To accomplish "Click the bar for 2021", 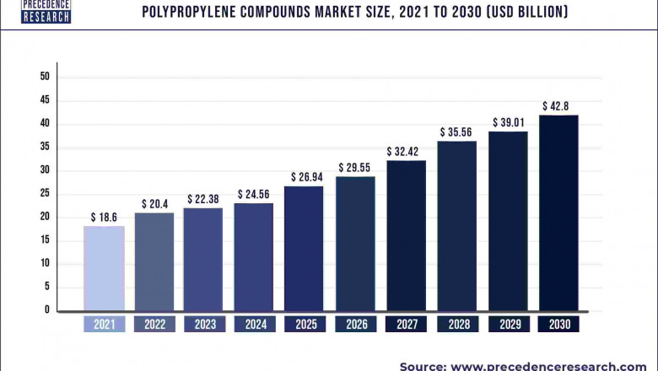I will click(x=104, y=268).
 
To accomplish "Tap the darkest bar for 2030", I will click(x=558, y=212).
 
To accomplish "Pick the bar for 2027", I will click(x=406, y=235).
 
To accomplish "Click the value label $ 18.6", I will click(x=104, y=218).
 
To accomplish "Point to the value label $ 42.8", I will click(x=558, y=106).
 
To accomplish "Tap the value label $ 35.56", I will click(x=456, y=132).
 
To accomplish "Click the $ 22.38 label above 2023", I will click(x=204, y=198).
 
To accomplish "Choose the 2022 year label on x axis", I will click(x=154, y=325).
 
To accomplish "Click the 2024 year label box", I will click(x=254, y=325).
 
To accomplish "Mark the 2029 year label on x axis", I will click(x=508, y=325).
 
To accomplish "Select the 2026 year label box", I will click(x=355, y=325).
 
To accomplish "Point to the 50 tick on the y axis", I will click(x=45, y=77).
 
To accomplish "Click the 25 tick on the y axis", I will click(x=45, y=194).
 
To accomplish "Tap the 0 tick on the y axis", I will click(x=47, y=310).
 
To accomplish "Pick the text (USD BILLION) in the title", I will click(x=520, y=12).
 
